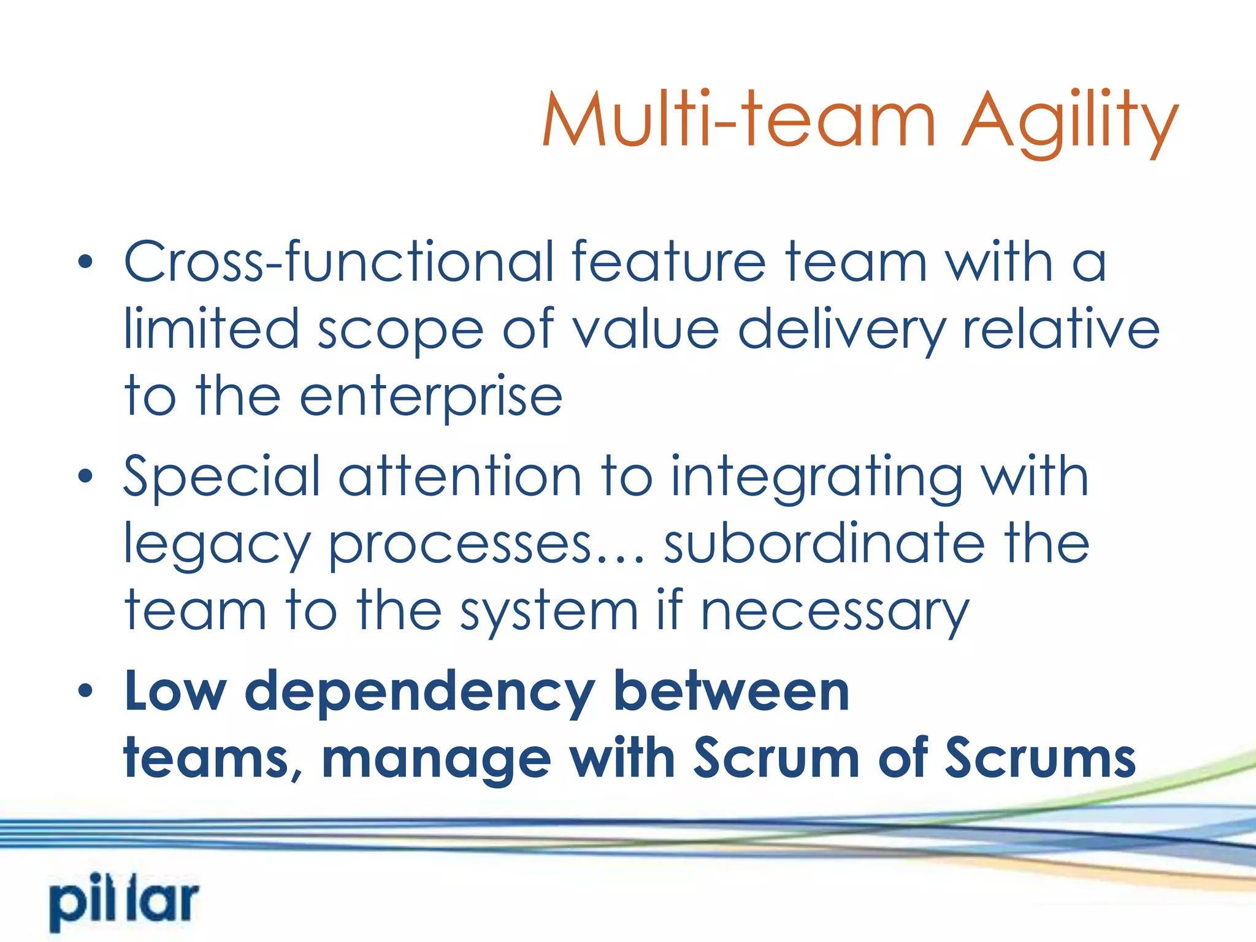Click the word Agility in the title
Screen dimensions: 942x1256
pos(1070,120)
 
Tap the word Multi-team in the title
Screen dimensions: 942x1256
pos(738,120)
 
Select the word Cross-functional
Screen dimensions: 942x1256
pos(339,262)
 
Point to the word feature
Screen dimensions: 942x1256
pos(668,262)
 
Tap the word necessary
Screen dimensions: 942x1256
pos(835,613)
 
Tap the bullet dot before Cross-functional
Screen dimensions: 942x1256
pos(85,262)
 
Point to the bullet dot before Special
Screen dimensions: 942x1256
pos(85,476)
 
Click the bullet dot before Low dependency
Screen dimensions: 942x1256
pos(85,691)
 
